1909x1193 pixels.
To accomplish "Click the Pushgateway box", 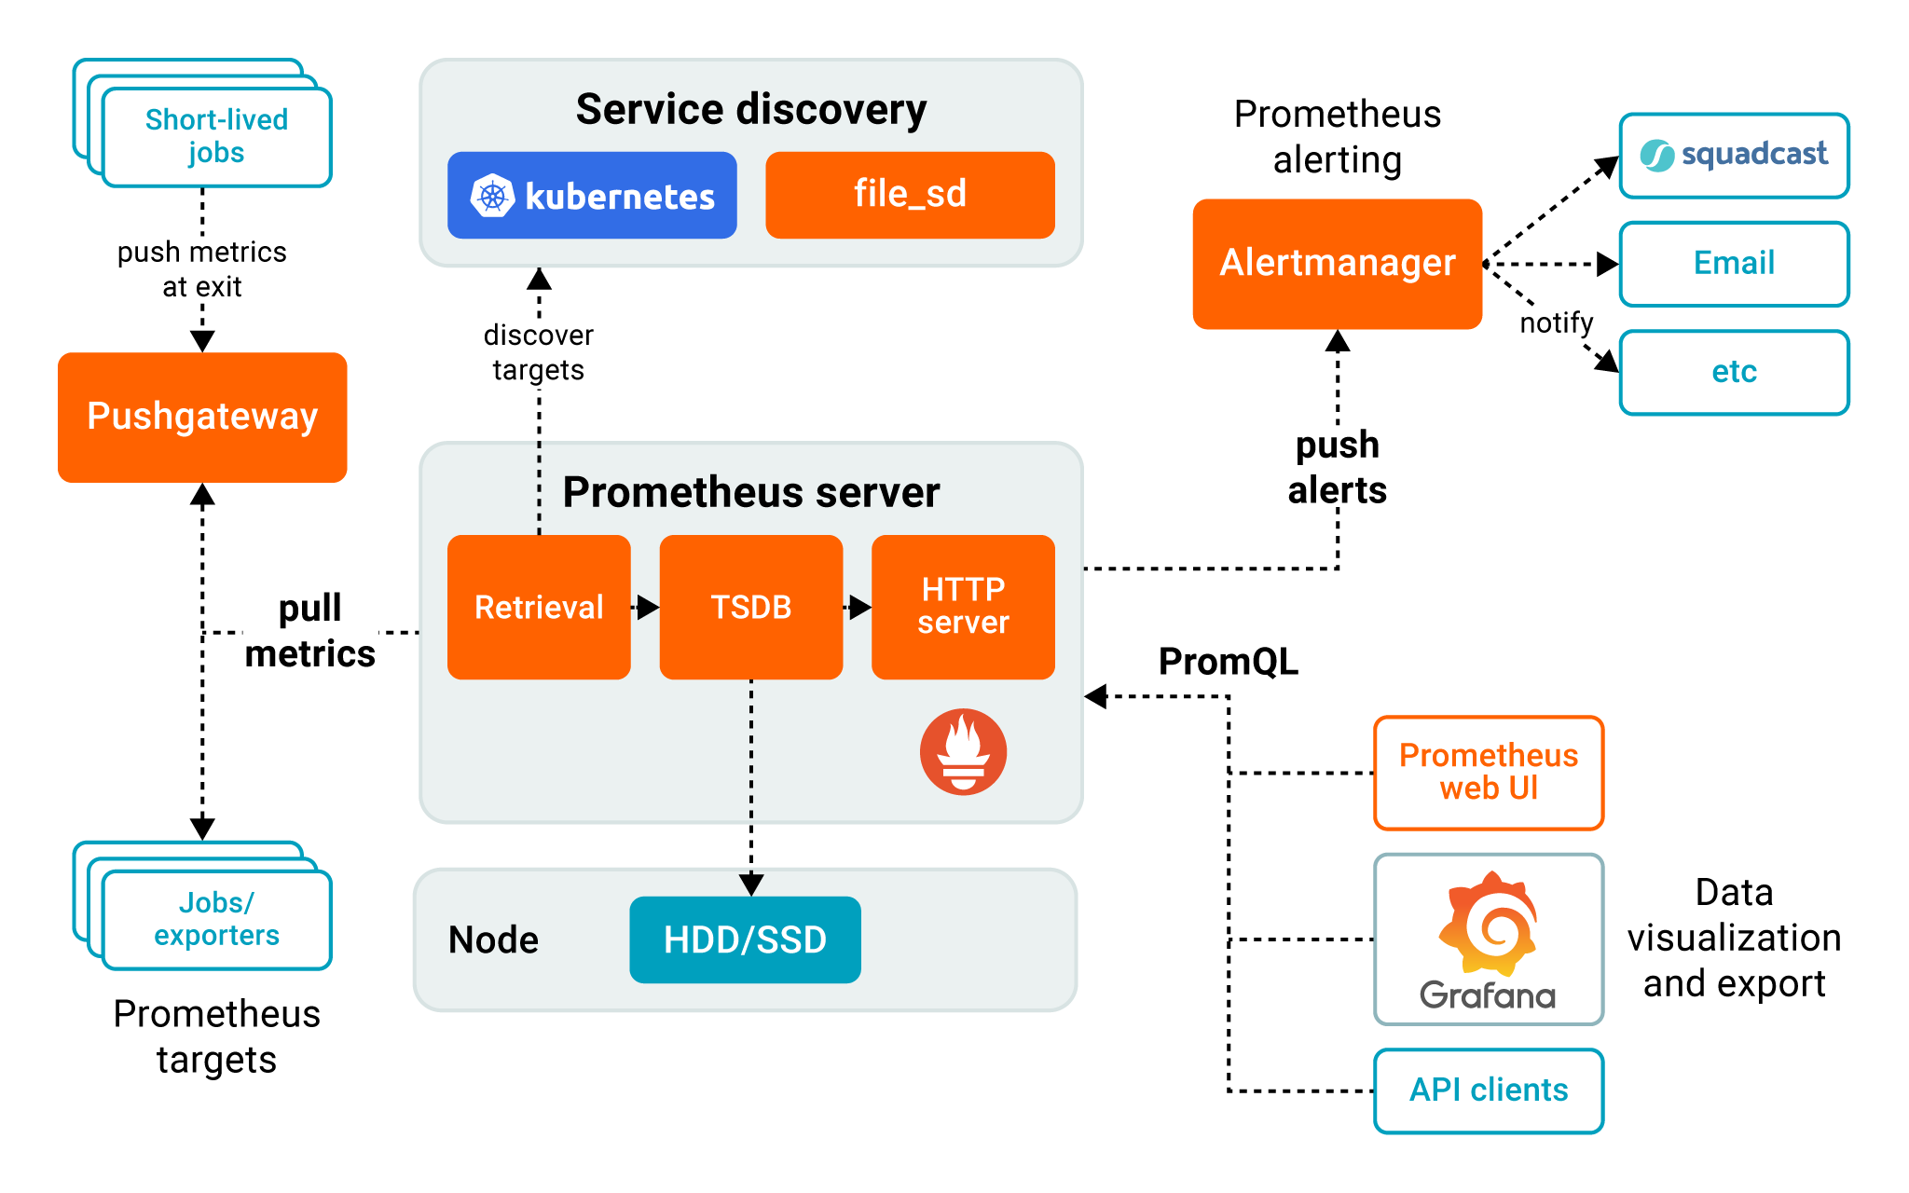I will click(x=202, y=417).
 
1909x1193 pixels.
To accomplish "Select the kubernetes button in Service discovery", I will click(x=592, y=196).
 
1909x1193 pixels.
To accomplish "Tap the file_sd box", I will click(x=910, y=195).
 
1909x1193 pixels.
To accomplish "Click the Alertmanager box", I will click(x=1337, y=264).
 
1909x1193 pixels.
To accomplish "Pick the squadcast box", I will click(x=1734, y=155).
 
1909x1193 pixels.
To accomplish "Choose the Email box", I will click(x=1734, y=264).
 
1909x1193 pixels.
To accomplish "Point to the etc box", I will click(x=1734, y=372).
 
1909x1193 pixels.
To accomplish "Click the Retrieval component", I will click(x=539, y=607).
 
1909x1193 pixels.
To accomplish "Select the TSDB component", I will click(x=750, y=607).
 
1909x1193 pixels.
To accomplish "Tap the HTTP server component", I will click(x=963, y=607).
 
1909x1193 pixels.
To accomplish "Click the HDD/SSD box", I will click(x=745, y=939).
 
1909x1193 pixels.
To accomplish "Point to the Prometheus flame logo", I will click(x=963, y=751).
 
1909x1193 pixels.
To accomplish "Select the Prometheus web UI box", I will click(x=1489, y=772).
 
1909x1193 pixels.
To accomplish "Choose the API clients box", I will click(x=1489, y=1090).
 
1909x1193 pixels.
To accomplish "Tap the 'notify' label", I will click(x=1557, y=323).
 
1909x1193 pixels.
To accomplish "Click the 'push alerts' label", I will click(x=1338, y=467).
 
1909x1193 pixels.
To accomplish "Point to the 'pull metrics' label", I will click(x=309, y=630).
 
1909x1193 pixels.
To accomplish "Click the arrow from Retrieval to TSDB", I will click(x=645, y=608).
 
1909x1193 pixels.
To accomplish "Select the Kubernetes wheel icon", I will click(x=492, y=196).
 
